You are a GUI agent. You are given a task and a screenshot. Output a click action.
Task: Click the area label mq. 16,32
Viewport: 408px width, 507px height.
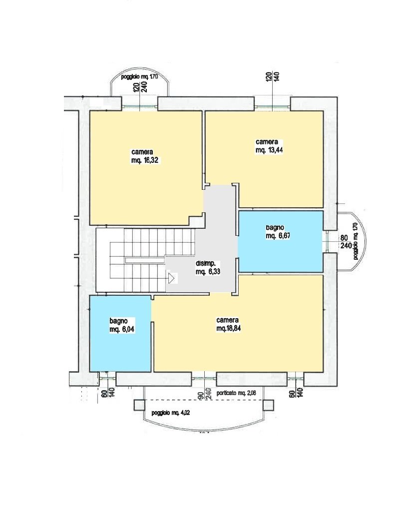tap(145, 160)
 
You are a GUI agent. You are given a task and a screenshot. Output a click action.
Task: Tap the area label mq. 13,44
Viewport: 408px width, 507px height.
tap(269, 150)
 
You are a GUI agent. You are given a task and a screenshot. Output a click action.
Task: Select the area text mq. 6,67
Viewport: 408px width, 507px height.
tap(278, 236)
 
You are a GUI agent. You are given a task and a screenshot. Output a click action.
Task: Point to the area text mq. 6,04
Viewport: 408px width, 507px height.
tap(122, 329)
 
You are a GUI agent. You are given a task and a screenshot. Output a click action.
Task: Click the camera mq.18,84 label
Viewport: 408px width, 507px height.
tap(229, 324)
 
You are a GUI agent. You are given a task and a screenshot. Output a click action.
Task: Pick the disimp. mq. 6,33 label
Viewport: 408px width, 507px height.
tap(208, 267)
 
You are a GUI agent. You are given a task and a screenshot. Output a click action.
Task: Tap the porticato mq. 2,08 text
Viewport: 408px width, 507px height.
tap(236, 393)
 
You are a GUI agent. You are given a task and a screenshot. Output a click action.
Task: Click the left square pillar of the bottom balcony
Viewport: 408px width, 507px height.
tap(140, 405)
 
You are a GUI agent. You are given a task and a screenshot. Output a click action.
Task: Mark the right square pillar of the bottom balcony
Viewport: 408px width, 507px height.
tap(268, 405)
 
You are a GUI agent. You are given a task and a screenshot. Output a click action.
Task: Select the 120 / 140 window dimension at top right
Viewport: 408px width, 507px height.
tap(272, 76)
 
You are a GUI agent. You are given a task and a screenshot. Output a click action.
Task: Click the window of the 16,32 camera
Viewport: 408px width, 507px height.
tap(140, 107)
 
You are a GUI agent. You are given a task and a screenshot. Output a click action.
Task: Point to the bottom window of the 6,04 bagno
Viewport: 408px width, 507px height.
tap(107, 378)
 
